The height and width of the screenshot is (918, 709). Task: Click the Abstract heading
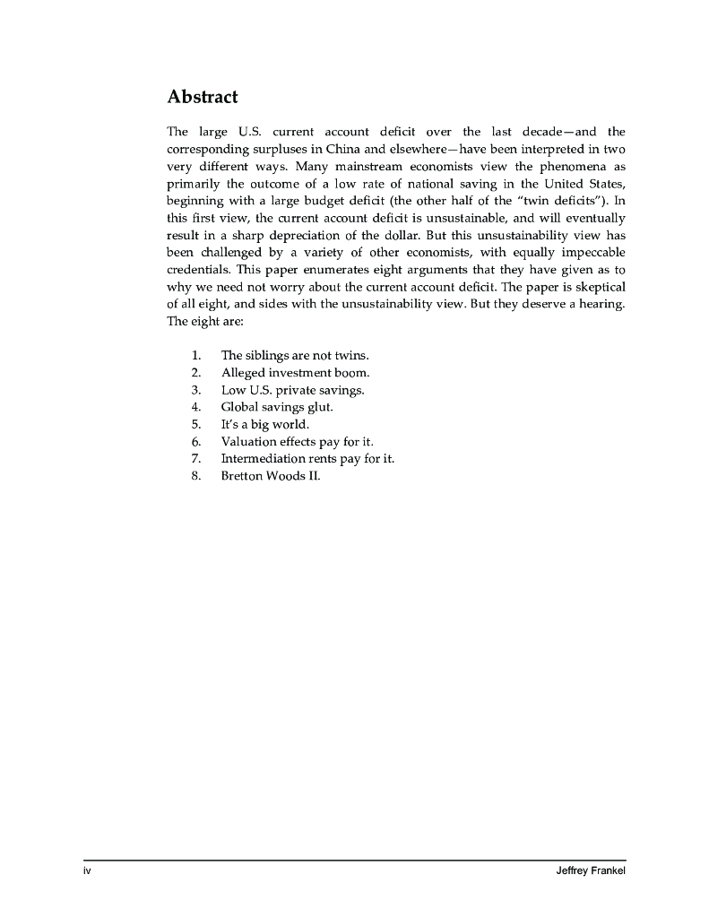point(202,97)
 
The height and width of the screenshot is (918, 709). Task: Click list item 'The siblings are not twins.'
point(295,355)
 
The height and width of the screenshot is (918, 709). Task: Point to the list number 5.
point(195,424)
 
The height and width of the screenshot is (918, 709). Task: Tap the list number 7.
point(195,458)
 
